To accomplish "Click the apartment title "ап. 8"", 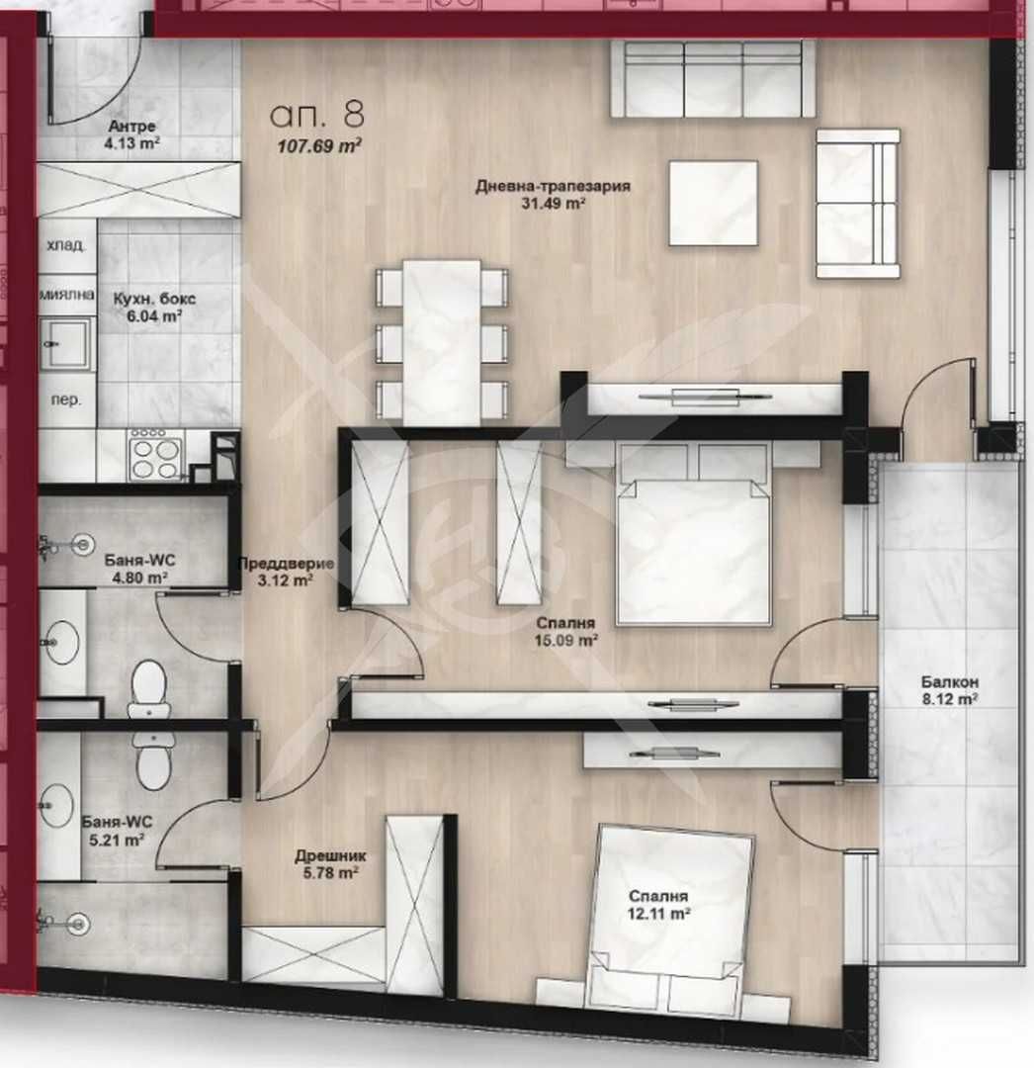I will coord(316,114).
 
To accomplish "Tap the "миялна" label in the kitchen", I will coord(66,295).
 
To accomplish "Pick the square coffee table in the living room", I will coord(713,203).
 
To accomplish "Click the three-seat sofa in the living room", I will coord(712,79).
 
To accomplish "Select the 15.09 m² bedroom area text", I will coord(566,640).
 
